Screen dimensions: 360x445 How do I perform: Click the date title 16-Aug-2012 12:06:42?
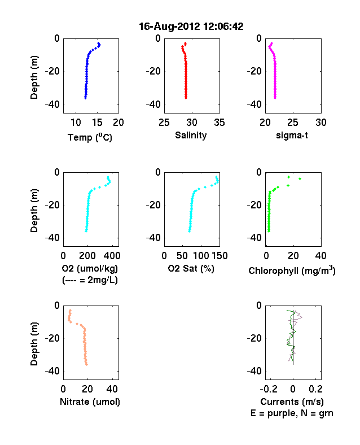[x=191, y=27]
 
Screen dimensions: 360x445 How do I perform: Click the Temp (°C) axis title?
[x=90, y=137]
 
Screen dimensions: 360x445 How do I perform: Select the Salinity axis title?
[x=191, y=136]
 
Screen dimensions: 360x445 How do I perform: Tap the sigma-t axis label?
[x=292, y=136]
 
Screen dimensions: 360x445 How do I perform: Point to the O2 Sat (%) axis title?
[x=191, y=268]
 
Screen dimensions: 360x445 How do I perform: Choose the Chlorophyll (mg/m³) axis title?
[x=292, y=270]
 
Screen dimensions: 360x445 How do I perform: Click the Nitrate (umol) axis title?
[x=90, y=402]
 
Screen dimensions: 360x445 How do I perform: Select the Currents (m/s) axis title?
[x=292, y=402]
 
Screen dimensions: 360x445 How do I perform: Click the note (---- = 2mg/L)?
[x=90, y=280]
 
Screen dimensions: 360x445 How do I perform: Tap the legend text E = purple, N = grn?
[x=292, y=413]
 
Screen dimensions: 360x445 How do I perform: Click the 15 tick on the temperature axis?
[x=97, y=123]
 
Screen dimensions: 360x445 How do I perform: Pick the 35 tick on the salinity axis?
[x=219, y=123]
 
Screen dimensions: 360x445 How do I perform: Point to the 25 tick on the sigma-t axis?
[x=293, y=123]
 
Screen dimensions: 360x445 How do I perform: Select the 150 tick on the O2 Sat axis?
[x=219, y=256]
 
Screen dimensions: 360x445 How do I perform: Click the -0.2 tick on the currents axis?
[x=269, y=389]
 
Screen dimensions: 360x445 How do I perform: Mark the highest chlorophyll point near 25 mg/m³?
[x=300, y=179]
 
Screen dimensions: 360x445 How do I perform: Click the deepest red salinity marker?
[x=186, y=98]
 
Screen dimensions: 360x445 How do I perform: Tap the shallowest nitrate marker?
[x=71, y=311]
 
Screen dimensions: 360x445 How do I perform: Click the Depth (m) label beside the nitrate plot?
[x=34, y=344]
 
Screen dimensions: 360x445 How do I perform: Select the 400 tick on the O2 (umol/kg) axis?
[x=112, y=256]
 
